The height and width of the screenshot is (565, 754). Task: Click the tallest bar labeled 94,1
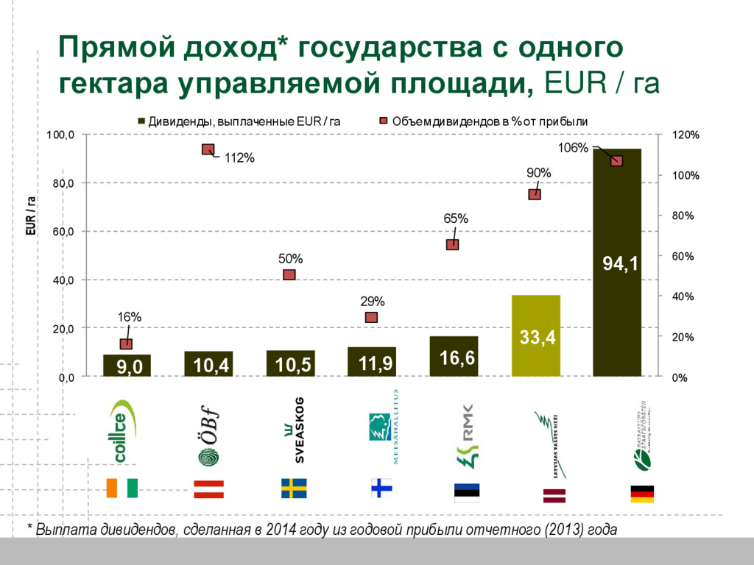pos(617,221)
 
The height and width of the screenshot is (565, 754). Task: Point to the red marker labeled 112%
pos(208,150)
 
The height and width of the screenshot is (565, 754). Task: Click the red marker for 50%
pos(289,274)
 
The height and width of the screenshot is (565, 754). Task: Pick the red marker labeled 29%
pos(371,317)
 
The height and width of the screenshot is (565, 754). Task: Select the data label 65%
pos(455,218)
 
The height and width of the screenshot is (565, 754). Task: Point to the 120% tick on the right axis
pos(686,135)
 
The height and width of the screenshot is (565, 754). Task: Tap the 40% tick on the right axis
pos(683,297)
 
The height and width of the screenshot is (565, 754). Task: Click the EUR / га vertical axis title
pos(31,215)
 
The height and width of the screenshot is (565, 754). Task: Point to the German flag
pos(642,494)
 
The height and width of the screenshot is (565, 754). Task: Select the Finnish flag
pos(381,488)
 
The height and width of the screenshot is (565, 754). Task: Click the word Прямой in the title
pos(116,49)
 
